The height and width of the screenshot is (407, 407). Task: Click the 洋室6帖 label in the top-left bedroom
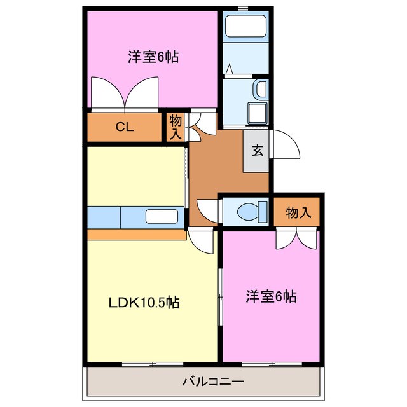pos(153,57)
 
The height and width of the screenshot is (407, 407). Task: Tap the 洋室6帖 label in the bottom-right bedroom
pos(272,296)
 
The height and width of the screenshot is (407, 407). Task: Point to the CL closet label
pos(124,127)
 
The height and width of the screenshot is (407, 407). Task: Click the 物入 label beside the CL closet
pos(176,127)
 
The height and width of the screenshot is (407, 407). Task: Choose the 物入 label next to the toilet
pos(298,213)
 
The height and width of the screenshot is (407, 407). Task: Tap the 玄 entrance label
pos(258,151)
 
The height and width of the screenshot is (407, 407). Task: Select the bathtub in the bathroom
pos(245,27)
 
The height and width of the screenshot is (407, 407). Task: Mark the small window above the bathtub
pos(242,7)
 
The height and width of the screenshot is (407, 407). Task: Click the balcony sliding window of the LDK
pos(144,364)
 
